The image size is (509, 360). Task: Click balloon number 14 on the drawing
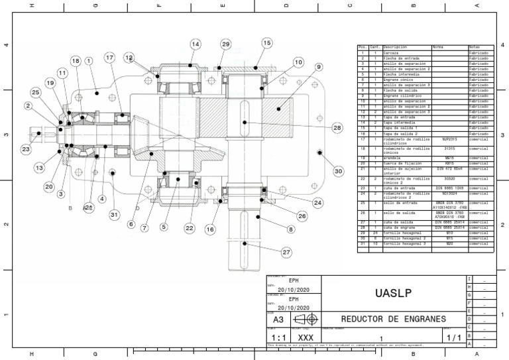(x=195, y=44)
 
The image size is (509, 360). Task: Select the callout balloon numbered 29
(x=225, y=44)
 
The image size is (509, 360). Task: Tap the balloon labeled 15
(x=266, y=43)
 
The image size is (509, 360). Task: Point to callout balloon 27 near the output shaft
(x=286, y=252)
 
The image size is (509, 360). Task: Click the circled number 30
(x=339, y=171)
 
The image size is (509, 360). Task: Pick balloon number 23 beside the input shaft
(x=26, y=150)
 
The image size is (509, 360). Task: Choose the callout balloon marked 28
(x=337, y=128)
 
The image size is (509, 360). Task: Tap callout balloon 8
(x=290, y=229)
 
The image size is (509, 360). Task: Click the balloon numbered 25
(x=35, y=92)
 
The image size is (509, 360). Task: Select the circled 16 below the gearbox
(x=210, y=229)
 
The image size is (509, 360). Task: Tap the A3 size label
(x=278, y=320)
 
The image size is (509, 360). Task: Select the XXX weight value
(x=305, y=337)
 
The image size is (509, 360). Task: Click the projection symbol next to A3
(x=307, y=319)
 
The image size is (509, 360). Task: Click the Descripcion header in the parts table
(x=395, y=47)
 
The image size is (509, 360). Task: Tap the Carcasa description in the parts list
(x=391, y=52)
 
